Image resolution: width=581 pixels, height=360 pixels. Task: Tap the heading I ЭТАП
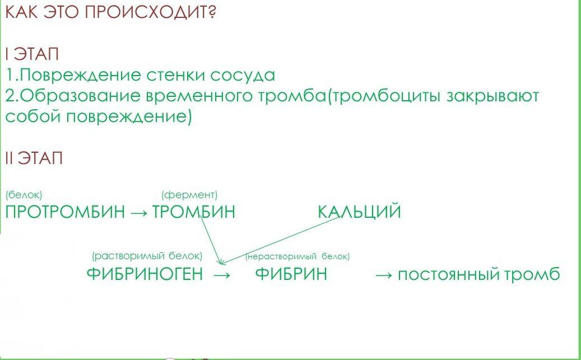[x=32, y=54]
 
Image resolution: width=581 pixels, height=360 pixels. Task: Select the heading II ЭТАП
[x=34, y=158]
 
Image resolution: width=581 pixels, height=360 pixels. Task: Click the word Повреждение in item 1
[x=80, y=75]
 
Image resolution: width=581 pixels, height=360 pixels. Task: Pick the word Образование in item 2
[x=80, y=96]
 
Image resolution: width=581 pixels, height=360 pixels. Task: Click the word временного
[x=198, y=96]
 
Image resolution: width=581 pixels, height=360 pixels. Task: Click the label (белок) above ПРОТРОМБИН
[x=24, y=195]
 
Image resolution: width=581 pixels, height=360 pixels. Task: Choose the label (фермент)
[x=190, y=195]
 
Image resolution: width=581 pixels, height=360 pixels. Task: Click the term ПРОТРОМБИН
[x=65, y=212]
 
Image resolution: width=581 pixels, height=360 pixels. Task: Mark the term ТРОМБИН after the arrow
[x=194, y=212]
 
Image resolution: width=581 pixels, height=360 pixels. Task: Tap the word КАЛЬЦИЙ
[x=360, y=212]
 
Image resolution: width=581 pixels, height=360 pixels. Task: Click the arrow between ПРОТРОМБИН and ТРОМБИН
[x=140, y=213]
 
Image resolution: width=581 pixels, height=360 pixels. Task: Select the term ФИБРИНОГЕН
[x=145, y=274]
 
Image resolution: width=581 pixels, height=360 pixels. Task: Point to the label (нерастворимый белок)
[x=298, y=256]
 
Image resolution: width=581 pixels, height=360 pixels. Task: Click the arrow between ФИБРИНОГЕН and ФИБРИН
[x=222, y=275]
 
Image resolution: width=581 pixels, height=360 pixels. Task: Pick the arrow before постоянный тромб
[x=384, y=275]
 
